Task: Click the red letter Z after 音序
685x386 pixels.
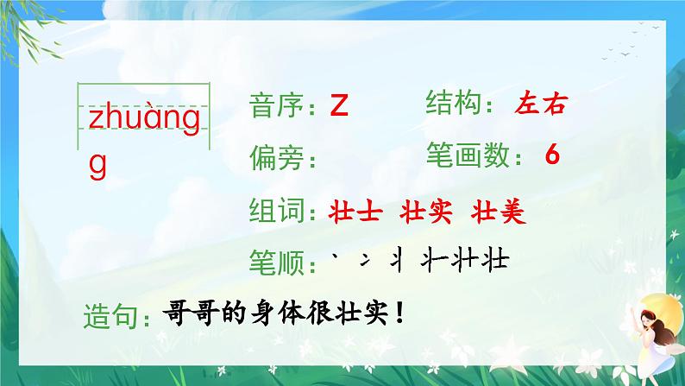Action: click(339, 105)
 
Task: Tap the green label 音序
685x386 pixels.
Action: click(276, 106)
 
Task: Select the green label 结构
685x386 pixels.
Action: click(453, 103)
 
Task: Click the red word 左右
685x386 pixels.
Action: click(541, 104)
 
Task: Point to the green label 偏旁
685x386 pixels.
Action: click(277, 158)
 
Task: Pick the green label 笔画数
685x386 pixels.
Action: click(468, 155)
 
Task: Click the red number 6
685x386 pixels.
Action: click(552, 155)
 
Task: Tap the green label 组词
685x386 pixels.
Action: click(277, 210)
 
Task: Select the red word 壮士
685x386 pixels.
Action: click(355, 212)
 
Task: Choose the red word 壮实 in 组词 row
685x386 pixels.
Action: click(426, 212)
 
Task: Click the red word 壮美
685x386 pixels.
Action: click(499, 212)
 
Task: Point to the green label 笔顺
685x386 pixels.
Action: click(277, 263)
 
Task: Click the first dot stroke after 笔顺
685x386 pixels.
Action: click(335, 257)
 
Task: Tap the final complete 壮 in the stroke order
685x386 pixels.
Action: click(495, 260)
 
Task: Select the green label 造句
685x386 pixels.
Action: click(111, 316)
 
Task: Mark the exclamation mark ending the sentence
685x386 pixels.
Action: click(399, 313)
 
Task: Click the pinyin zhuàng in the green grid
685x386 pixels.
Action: click(144, 119)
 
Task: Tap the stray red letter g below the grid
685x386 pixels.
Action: click(97, 166)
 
